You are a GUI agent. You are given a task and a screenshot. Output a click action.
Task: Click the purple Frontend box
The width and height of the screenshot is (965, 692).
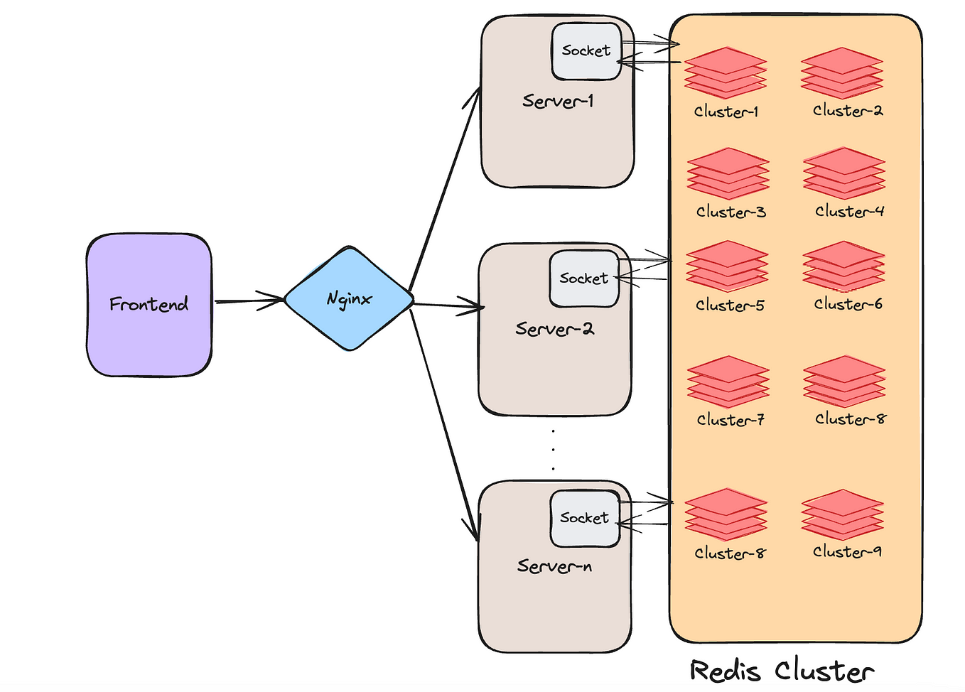pos(149,305)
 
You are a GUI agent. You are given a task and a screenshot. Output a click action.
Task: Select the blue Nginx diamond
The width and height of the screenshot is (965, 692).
pos(349,298)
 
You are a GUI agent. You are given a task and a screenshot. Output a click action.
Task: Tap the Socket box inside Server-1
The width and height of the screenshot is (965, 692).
pos(587,51)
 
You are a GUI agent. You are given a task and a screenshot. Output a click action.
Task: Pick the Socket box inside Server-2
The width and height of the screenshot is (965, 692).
pos(584,279)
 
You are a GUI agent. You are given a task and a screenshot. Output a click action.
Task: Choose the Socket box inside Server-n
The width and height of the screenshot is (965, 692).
pos(585,518)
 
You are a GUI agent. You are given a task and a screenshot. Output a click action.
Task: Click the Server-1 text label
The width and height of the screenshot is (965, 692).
pos(558,101)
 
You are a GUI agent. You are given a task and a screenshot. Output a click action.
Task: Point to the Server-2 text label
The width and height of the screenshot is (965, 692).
pos(555,329)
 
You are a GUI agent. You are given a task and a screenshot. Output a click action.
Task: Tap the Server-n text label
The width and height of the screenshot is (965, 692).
pos(554,566)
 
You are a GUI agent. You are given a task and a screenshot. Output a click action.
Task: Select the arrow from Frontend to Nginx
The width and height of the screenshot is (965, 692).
pos(249,301)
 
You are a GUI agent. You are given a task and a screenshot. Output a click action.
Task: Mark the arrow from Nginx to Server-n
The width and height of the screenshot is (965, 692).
pos(443,424)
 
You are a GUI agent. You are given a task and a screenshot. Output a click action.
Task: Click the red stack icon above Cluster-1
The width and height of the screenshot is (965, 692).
pos(726,72)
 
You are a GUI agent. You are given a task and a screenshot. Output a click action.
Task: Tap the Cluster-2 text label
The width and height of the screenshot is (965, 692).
pos(848,111)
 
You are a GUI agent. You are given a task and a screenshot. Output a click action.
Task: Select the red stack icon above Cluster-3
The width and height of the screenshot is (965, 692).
pos(728,173)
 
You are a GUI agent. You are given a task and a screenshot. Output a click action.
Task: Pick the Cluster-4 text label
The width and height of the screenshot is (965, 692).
pos(849,212)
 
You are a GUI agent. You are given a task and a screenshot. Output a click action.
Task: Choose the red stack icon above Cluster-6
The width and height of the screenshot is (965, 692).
pos(843,266)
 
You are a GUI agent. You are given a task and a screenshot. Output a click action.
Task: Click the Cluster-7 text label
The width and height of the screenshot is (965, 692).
pos(731,419)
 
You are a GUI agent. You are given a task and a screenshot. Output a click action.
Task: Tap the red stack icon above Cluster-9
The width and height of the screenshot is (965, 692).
pos(843,514)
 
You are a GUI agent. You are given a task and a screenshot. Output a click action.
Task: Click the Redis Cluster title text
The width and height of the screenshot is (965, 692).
pos(782,671)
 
